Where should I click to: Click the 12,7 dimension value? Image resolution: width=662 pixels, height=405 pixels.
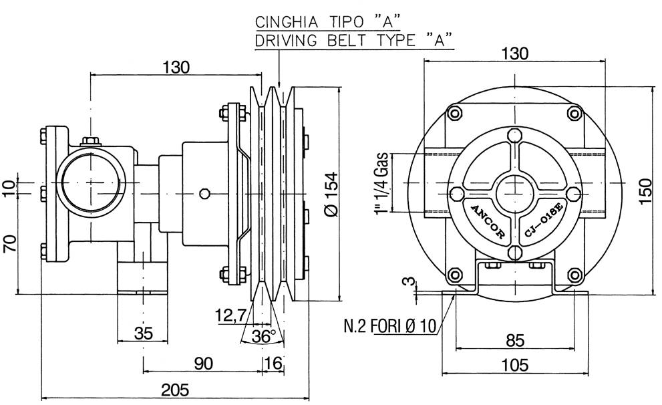click(x=229, y=314)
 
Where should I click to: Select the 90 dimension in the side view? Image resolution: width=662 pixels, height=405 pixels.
click(x=204, y=363)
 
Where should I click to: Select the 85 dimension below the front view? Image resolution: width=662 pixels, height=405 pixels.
click(x=514, y=340)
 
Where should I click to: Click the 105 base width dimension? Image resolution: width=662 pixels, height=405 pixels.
click(x=514, y=365)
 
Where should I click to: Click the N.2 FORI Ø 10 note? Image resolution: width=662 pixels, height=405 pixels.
click(x=389, y=326)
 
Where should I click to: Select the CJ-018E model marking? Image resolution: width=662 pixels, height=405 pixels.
click(x=546, y=220)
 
